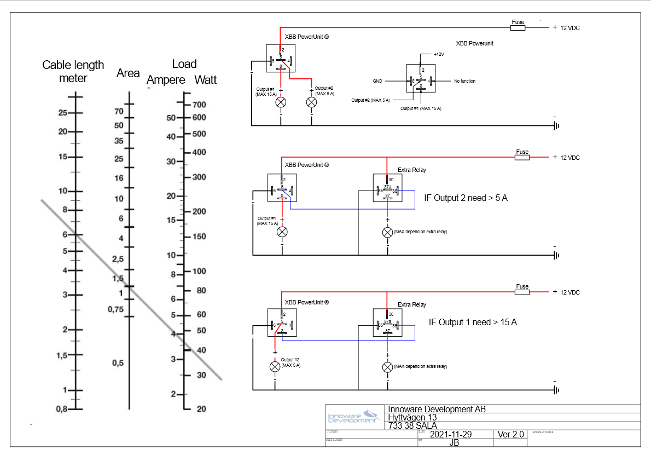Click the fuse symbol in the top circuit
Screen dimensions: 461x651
[517, 27]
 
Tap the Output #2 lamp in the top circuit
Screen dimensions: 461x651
[311, 102]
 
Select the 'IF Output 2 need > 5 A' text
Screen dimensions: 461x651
[466, 198]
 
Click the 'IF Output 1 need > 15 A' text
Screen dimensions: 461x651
[473, 322]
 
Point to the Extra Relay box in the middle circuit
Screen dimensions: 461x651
[387, 188]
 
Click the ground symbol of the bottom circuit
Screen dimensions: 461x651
[556, 389]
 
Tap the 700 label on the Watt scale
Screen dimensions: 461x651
[199, 105]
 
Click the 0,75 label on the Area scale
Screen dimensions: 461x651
[115, 309]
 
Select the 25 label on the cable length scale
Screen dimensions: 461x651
[62, 113]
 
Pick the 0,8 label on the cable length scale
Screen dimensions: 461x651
[61, 409]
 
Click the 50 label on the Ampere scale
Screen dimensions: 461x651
[171, 118]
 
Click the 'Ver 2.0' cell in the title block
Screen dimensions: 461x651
[510, 434]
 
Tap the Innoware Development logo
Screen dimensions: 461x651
[353, 417]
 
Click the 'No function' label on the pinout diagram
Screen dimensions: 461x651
[464, 81]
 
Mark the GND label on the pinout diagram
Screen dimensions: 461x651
[377, 81]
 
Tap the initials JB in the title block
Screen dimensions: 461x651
[454, 443]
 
